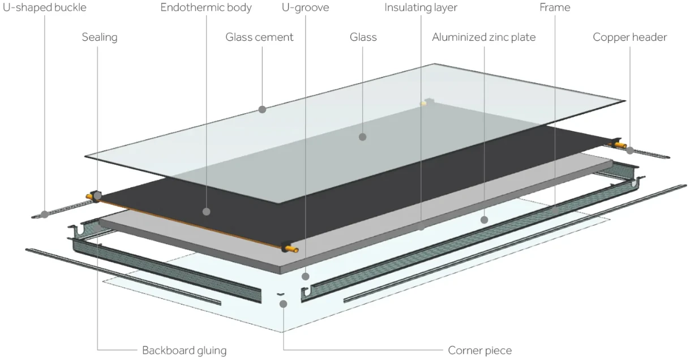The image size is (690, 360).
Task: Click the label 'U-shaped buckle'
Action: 45,7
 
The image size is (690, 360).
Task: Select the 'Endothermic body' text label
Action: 206,7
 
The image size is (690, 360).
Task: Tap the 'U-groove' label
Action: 305,7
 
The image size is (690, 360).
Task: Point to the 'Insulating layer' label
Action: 421,7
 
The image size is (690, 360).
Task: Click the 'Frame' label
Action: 555,7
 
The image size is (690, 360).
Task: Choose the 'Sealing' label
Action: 100,37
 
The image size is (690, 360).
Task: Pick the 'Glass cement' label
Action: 259,37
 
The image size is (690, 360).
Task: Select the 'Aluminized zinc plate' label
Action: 483,37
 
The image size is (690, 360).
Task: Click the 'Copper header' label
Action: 629,37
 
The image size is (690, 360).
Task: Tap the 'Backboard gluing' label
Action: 184,350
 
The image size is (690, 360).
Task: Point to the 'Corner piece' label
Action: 479,350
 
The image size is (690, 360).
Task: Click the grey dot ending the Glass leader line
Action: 363,137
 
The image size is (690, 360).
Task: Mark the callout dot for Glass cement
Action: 262,109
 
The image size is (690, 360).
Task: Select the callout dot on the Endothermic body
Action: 207,212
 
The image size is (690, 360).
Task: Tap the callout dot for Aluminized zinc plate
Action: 484,220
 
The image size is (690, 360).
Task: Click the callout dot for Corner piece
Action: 284,305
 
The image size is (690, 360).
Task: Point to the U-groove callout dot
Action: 305,277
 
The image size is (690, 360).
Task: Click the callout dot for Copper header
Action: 630,151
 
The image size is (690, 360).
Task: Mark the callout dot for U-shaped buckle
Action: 45,215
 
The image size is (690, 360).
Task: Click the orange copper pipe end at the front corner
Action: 292,249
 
